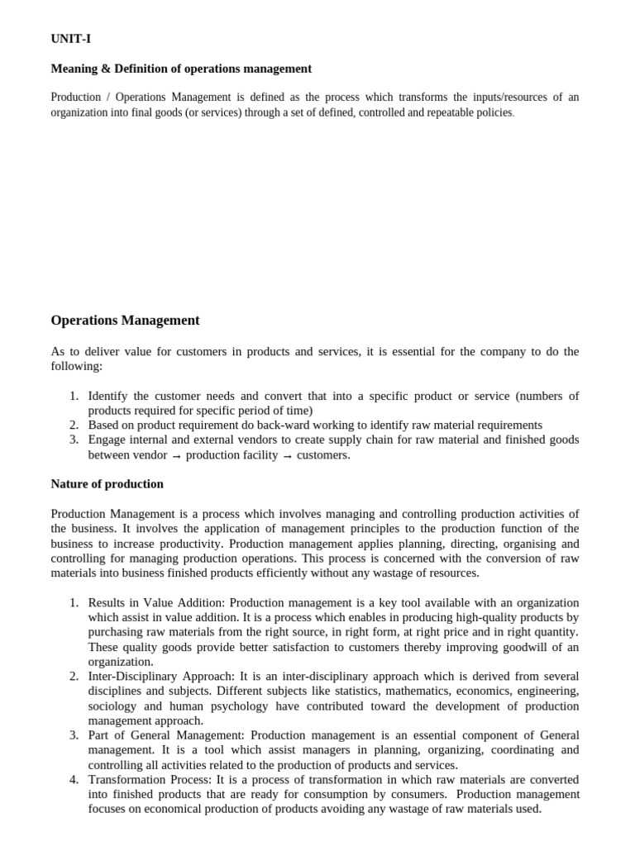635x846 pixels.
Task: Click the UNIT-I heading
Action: [71, 39]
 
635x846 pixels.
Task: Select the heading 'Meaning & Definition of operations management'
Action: [181, 69]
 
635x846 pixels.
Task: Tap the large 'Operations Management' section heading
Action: [125, 320]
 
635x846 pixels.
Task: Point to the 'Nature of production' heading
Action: [107, 483]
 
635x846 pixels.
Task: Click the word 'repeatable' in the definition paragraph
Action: [428, 112]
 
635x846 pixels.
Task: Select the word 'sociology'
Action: [112, 706]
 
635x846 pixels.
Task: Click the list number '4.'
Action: [74, 779]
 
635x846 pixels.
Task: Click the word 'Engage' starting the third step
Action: [107, 440]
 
